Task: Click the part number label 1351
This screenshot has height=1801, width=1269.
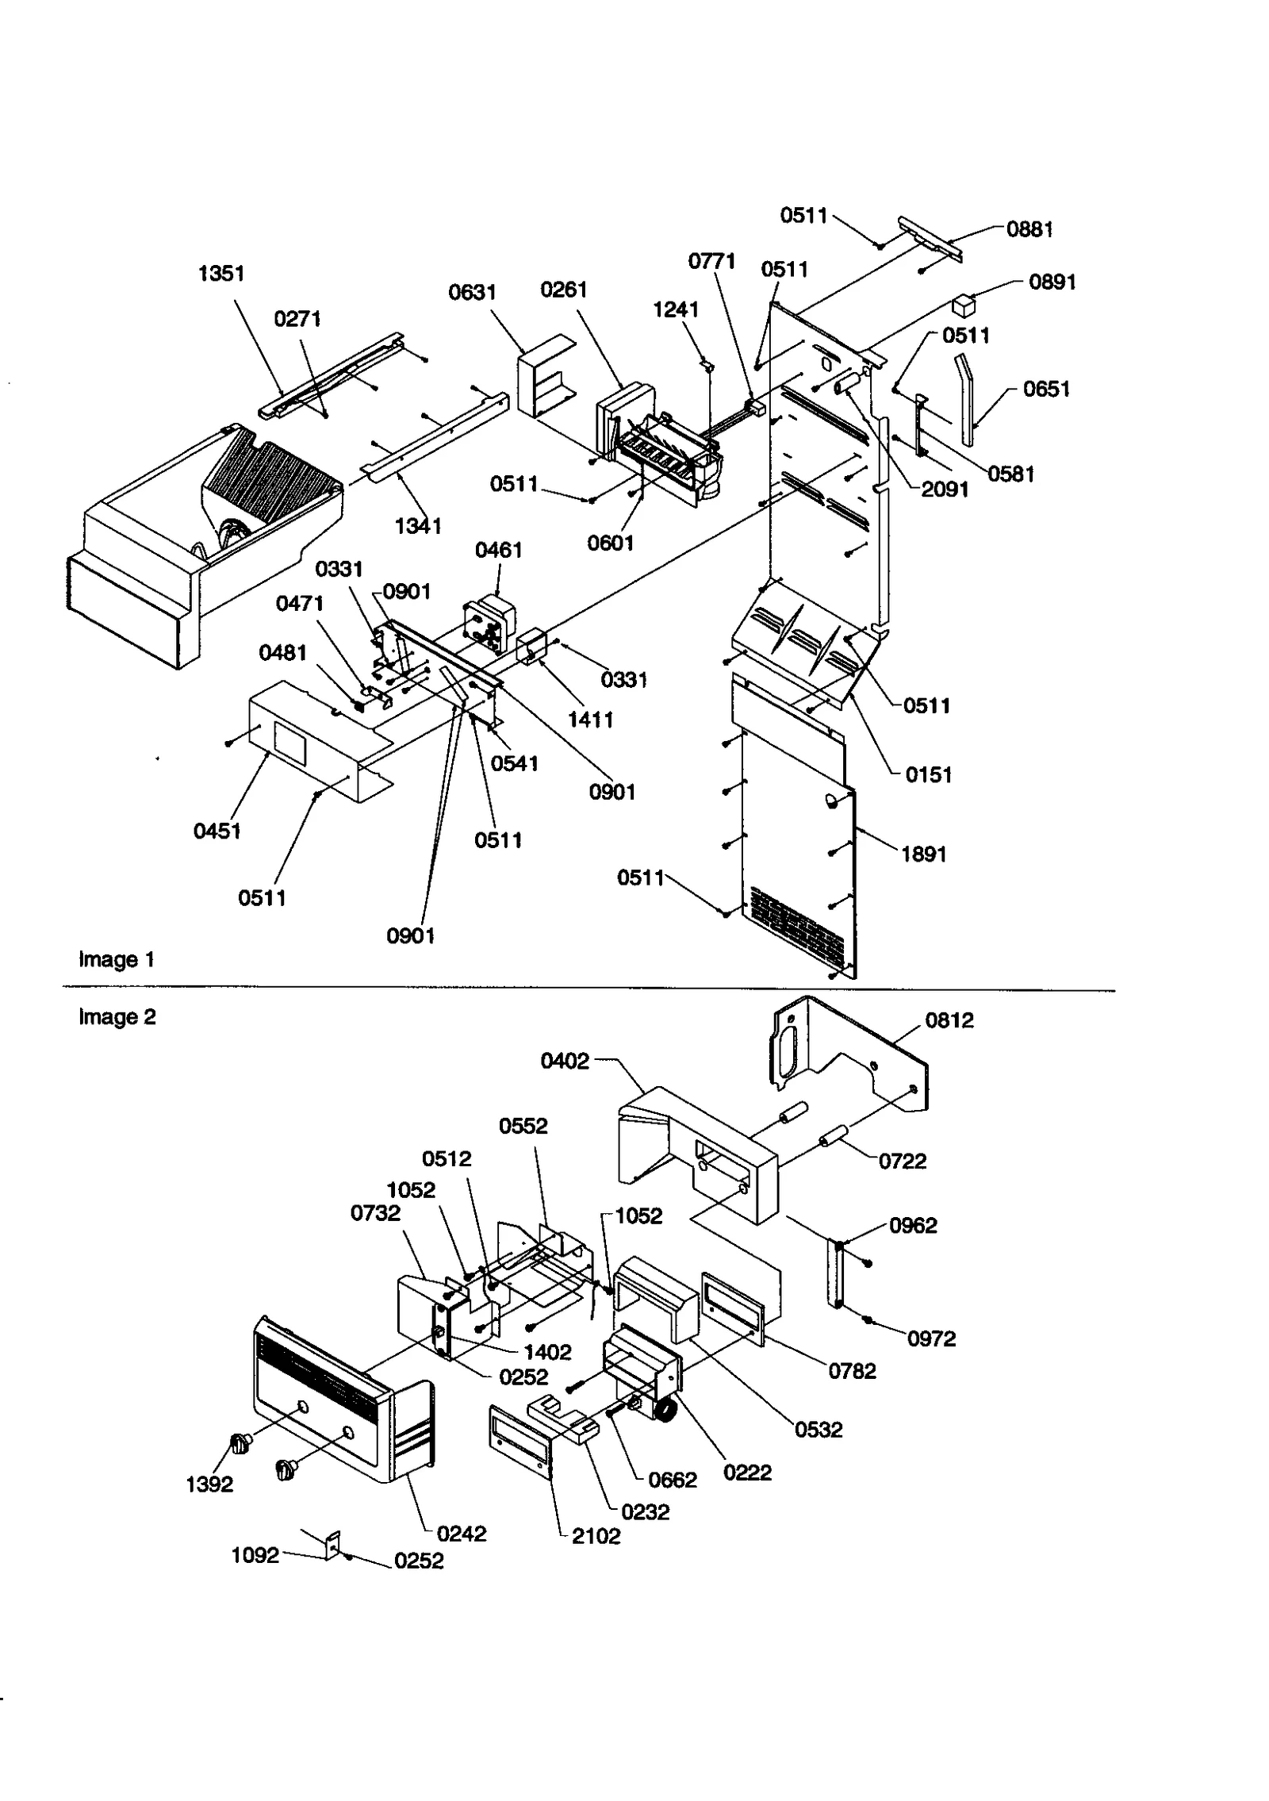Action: pyautogui.click(x=220, y=274)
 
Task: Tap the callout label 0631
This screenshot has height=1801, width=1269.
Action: pyautogui.click(x=472, y=293)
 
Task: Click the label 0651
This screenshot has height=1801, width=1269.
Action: pyautogui.click(x=1046, y=389)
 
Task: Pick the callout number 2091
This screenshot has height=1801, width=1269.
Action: pyautogui.click(x=945, y=490)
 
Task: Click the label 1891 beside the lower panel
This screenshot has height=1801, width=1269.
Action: pyautogui.click(x=923, y=854)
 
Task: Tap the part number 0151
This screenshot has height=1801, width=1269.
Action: pyautogui.click(x=928, y=775)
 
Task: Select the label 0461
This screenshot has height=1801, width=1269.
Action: pyautogui.click(x=498, y=550)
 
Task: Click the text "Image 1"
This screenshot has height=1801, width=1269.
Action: pyautogui.click(x=117, y=960)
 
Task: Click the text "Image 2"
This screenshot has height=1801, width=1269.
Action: pyautogui.click(x=117, y=1017)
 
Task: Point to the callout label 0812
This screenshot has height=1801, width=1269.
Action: pyautogui.click(x=949, y=1020)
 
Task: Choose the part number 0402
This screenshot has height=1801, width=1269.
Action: pyautogui.click(x=565, y=1062)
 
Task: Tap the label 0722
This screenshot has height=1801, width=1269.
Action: pyautogui.click(x=903, y=1162)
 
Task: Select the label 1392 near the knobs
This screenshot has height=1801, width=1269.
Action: pyautogui.click(x=209, y=1484)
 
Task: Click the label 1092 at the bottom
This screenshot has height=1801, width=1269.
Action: pyautogui.click(x=255, y=1556)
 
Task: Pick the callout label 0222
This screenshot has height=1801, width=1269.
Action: pyautogui.click(x=747, y=1473)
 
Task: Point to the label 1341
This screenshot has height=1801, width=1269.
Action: pyautogui.click(x=418, y=526)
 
